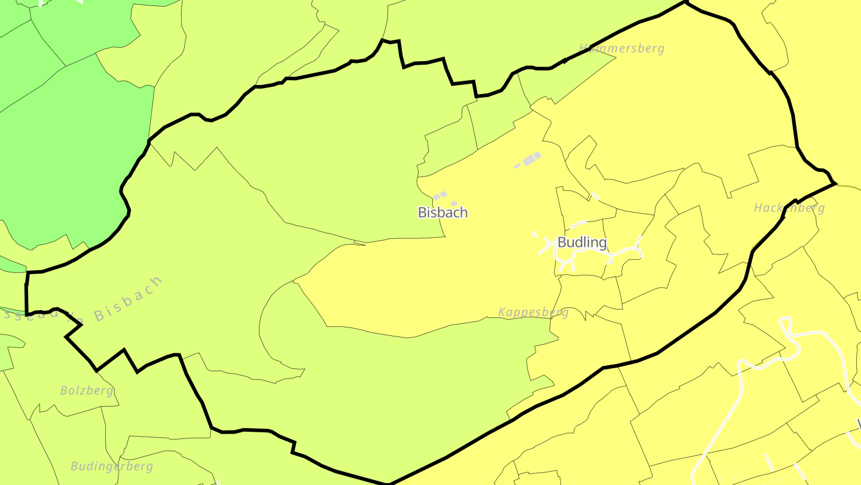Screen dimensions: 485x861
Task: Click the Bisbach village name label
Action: tap(442, 213)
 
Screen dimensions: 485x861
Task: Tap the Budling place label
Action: tap(582, 242)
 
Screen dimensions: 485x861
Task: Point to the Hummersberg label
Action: tap(622, 48)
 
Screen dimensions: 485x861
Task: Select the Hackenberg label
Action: tap(789, 208)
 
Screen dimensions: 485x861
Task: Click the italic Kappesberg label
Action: tap(533, 312)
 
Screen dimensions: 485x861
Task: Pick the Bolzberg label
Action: tap(87, 390)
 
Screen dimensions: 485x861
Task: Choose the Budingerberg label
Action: tap(112, 466)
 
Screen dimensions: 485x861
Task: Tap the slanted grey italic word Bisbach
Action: tap(128, 299)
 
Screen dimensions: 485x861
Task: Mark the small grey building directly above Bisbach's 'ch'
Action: tap(454, 204)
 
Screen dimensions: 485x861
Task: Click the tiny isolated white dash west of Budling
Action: tap(535, 235)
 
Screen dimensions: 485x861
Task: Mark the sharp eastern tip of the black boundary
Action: tap(835, 183)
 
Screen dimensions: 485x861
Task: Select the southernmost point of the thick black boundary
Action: tap(389, 483)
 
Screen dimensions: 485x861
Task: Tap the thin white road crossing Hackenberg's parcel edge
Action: tap(594, 196)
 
